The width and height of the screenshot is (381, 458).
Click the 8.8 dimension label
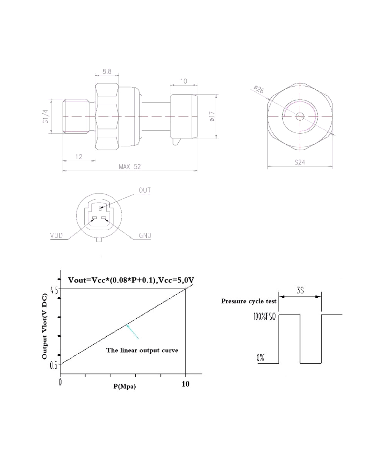pyautogui.click(x=107, y=71)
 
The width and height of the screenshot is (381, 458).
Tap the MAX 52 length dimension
pyautogui.click(x=130, y=167)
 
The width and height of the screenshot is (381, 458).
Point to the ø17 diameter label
pyautogui.click(x=212, y=116)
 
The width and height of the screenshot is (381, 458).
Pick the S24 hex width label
pyautogui.click(x=300, y=162)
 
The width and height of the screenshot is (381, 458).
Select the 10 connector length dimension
pyautogui.click(x=184, y=81)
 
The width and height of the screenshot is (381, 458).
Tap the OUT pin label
pyautogui.click(x=144, y=190)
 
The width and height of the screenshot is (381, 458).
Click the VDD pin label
pyautogui.click(x=57, y=235)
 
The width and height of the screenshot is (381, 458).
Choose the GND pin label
pyautogui.click(x=145, y=235)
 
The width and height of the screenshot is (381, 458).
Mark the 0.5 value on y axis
pyautogui.click(x=54, y=364)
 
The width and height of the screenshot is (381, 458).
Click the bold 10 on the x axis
pyautogui.click(x=185, y=384)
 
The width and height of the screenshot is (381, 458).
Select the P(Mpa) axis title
pyautogui.click(x=124, y=386)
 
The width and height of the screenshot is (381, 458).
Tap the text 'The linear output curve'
pyautogui.click(x=142, y=350)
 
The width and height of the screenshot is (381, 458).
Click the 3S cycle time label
pyautogui.click(x=300, y=290)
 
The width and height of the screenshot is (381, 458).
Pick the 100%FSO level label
pyautogui.click(x=266, y=316)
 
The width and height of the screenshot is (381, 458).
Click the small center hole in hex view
pyautogui.click(x=300, y=116)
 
